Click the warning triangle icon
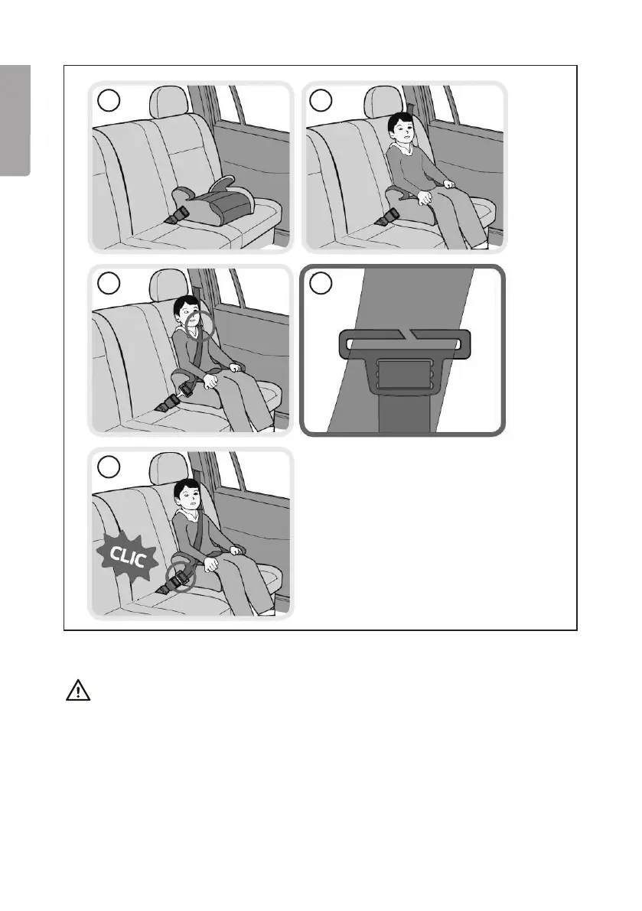(x=78, y=690)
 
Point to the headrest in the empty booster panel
(x=170, y=102)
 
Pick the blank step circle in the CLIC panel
(x=109, y=466)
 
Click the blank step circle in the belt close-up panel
(x=321, y=283)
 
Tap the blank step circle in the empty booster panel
(x=109, y=100)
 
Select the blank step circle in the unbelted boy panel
(x=321, y=100)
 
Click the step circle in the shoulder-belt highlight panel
(x=109, y=283)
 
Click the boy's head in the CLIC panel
(x=187, y=495)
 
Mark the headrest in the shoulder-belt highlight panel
(x=168, y=285)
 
